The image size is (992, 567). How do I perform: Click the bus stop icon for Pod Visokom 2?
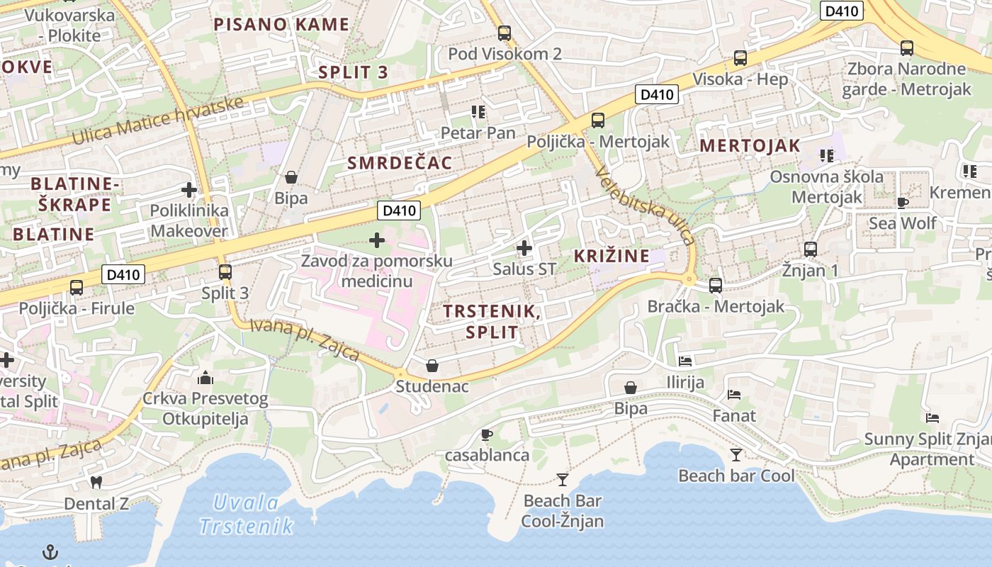pyautogui.click(x=504, y=33)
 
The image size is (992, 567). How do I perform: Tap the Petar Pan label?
pyautogui.click(x=478, y=133)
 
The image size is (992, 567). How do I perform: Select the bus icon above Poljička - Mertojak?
pyautogui.click(x=598, y=120)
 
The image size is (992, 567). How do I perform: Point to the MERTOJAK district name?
pyautogui.click(x=750, y=146)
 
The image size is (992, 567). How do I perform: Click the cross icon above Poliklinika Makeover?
pyautogui.click(x=188, y=190)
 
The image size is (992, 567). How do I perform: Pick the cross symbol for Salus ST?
pyautogui.click(x=524, y=248)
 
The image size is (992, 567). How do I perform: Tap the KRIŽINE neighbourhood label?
pyautogui.click(x=611, y=256)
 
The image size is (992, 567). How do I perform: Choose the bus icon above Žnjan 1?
pyautogui.click(x=811, y=249)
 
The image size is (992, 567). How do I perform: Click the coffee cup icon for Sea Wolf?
pyautogui.click(x=902, y=203)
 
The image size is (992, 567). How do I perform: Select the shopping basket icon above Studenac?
pyautogui.click(x=432, y=366)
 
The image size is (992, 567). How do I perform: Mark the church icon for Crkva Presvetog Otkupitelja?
pyautogui.click(x=205, y=377)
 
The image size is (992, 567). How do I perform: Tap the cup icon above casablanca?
pyautogui.click(x=486, y=434)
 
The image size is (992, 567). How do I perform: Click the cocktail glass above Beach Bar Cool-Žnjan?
pyautogui.click(x=563, y=480)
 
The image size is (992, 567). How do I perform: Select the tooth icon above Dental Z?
pyautogui.click(x=96, y=483)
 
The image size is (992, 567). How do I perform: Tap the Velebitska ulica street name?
pyautogui.click(x=646, y=206)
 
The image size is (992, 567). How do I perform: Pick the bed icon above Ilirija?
pyautogui.click(x=685, y=361)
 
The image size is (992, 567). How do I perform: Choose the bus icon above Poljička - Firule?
pyautogui.click(x=77, y=288)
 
